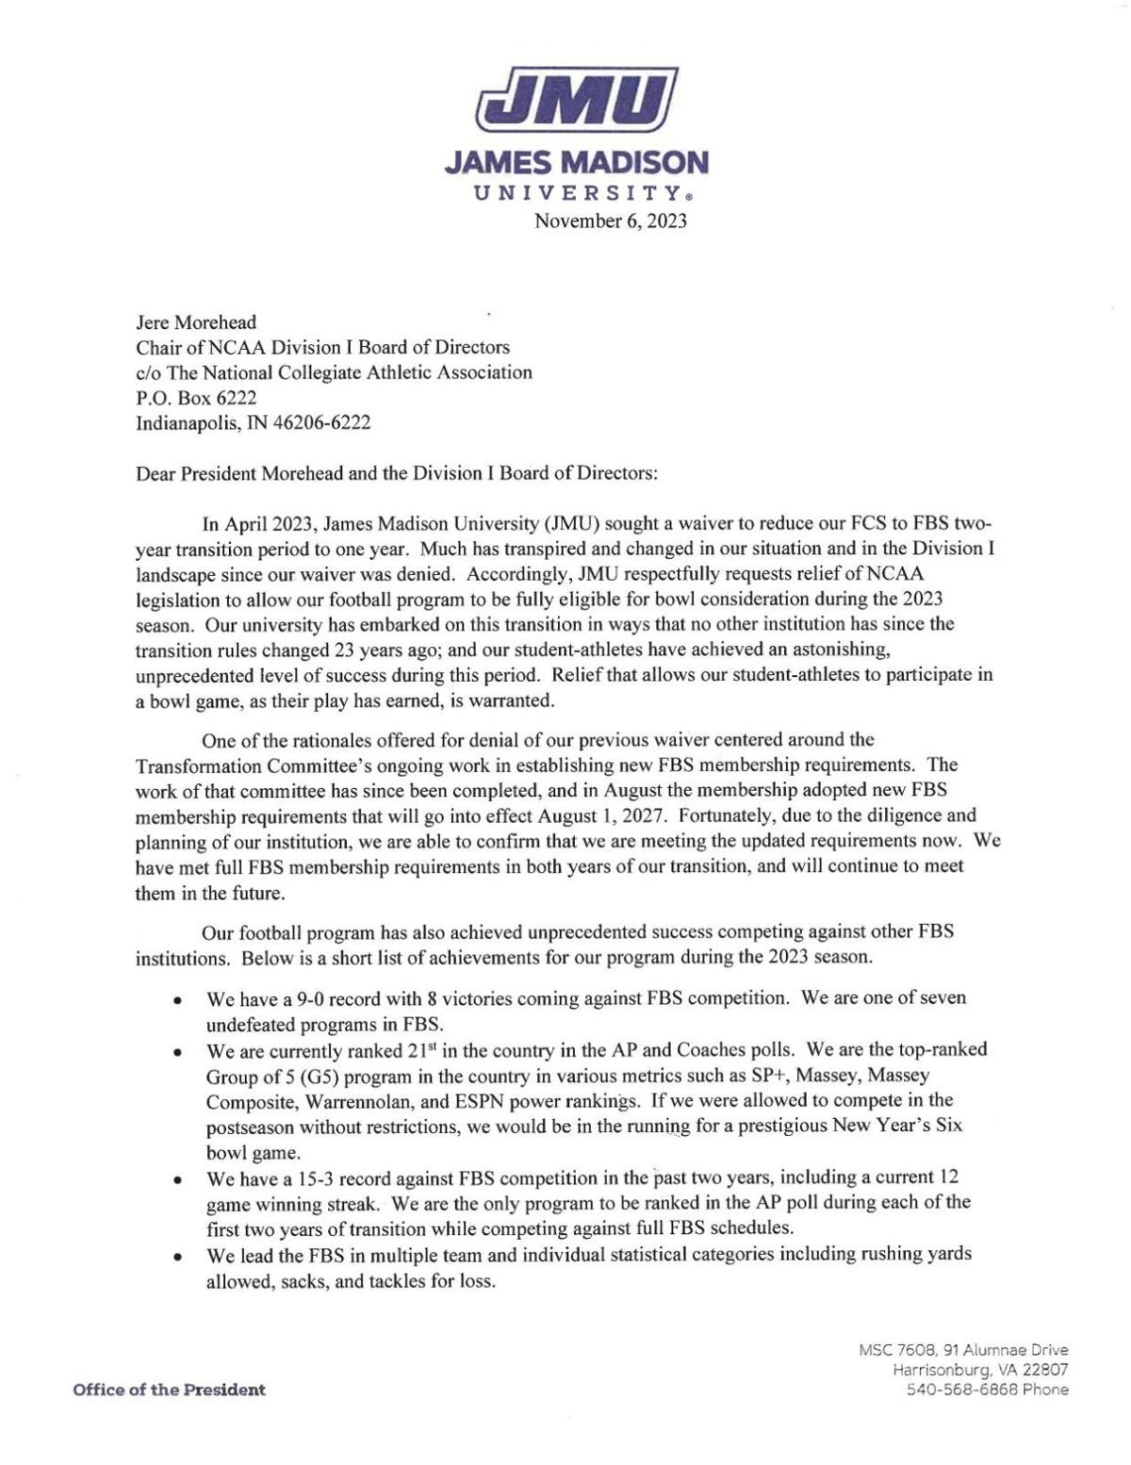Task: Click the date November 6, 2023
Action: click(610, 222)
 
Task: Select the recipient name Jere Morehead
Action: click(196, 322)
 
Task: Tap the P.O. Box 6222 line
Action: click(196, 397)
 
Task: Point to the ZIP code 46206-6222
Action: click(322, 422)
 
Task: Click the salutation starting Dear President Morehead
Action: click(397, 473)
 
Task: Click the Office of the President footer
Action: click(169, 1390)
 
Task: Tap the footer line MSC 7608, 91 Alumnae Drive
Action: click(963, 1350)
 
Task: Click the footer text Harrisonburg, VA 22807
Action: click(980, 1370)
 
